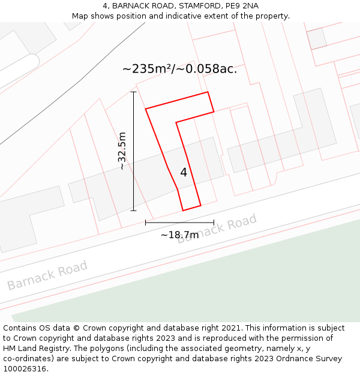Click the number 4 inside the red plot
pos(184,173)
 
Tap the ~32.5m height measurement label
pos(122,151)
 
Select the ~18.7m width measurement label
pos(179,235)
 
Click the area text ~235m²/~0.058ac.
pos(179,69)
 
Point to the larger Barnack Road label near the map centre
pos(217,230)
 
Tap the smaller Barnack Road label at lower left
pos(47,275)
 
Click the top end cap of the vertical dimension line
pos(133,92)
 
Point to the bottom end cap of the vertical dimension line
pos(133,211)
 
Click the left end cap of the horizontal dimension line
pos(145,223)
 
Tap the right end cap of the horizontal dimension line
pos(214,223)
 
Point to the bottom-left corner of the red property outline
pos(183,210)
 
